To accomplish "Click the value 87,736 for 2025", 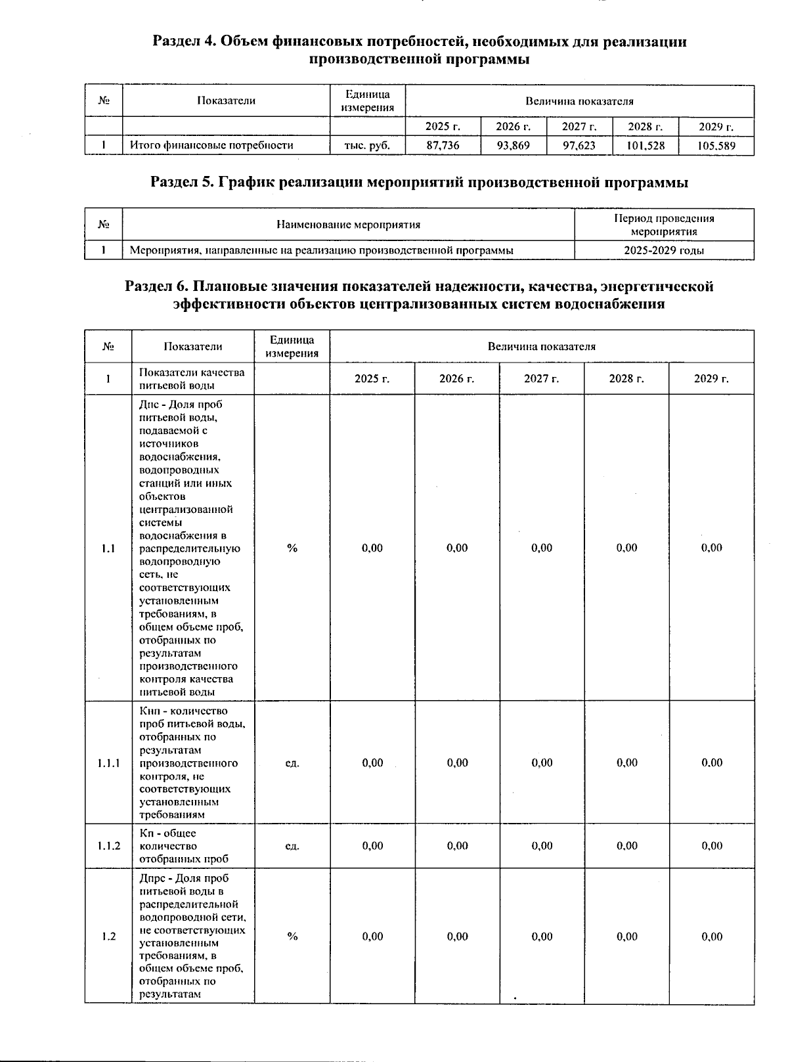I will (x=443, y=146).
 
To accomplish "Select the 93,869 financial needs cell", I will (x=513, y=146).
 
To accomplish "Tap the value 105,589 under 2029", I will (x=716, y=146).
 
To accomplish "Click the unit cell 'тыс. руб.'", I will (x=367, y=146).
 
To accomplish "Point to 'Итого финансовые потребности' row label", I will (x=211, y=146).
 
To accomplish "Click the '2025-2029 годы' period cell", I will (x=664, y=250).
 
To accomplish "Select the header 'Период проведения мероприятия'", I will (x=664, y=225).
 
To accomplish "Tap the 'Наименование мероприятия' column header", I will (x=348, y=225).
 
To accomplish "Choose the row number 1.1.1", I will (x=108, y=763).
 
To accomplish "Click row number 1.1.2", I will (x=108, y=846).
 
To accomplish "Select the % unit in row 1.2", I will (x=292, y=937).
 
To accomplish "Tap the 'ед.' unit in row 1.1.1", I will (x=292, y=763).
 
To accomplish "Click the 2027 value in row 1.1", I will (x=542, y=548).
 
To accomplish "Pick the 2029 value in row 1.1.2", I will (x=712, y=846).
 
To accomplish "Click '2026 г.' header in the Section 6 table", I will (x=456, y=379).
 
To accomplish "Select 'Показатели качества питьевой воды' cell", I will (x=192, y=379).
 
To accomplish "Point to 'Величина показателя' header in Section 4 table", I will (x=579, y=101).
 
